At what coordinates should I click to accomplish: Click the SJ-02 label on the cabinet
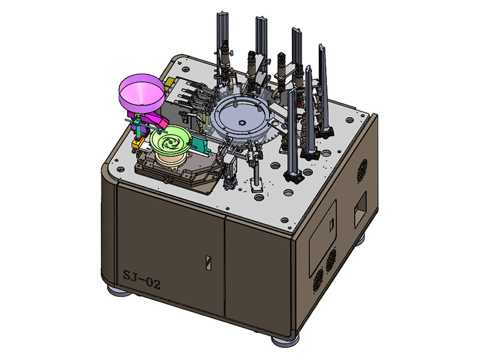coord(142,279)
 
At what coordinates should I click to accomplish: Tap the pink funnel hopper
coord(141,93)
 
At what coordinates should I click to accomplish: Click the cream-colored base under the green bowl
coord(172,161)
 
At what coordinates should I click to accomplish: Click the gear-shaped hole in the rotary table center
coord(242,123)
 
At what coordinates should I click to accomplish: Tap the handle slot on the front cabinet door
coord(208,263)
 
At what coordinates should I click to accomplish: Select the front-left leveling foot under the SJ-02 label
coord(119,291)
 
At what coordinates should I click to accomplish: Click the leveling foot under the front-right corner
coord(284,340)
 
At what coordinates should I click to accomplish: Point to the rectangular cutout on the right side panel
coord(360,210)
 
